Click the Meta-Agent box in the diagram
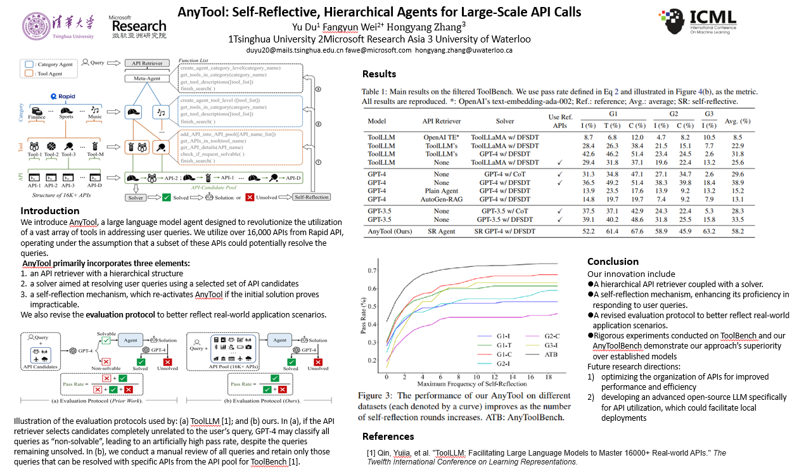coord(146,79)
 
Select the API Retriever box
coord(147,63)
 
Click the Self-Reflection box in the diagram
coord(311,197)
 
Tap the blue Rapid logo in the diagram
coord(63,96)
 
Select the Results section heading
coord(379,74)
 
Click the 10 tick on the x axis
coord(477,376)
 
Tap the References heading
coord(388,436)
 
